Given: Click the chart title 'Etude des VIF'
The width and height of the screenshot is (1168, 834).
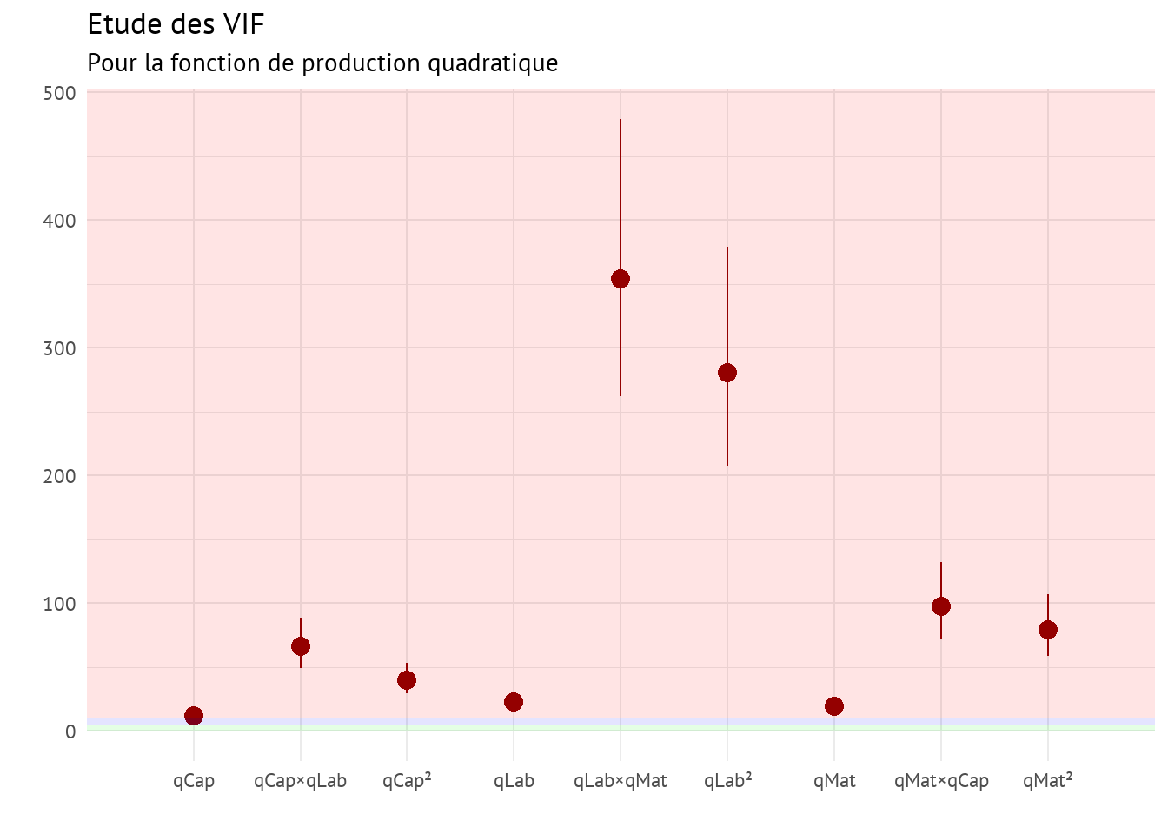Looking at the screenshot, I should tap(176, 24).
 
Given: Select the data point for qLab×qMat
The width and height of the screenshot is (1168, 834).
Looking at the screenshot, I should tap(620, 279).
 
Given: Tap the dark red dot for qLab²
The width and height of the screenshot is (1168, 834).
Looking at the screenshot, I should tap(727, 373).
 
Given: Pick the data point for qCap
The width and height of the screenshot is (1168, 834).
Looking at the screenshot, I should tap(194, 716).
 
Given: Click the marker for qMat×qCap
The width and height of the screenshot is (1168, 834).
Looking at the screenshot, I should tap(941, 606).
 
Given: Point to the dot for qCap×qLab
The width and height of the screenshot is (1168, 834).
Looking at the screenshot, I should tap(301, 646).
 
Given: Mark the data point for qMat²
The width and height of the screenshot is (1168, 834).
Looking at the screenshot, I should tap(1048, 630).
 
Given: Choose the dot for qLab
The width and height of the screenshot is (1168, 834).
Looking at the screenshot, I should tap(514, 702).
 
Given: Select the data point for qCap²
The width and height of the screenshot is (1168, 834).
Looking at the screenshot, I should tap(407, 680).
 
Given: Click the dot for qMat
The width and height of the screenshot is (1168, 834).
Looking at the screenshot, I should tap(834, 706).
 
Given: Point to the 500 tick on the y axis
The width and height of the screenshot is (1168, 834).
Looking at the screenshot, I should tap(59, 93).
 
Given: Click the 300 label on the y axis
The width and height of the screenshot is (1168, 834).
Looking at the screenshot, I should tap(59, 348).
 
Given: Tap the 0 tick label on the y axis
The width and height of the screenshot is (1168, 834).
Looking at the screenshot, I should tap(70, 731).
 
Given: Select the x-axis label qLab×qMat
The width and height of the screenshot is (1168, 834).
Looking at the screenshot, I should tap(620, 781).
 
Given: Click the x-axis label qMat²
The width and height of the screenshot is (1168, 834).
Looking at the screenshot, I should tap(1048, 781).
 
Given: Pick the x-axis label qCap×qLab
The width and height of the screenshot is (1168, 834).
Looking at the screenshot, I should tap(301, 781).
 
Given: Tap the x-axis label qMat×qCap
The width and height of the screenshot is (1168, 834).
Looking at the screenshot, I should tap(941, 781).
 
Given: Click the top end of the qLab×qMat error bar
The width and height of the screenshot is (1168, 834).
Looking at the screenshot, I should tap(620, 120).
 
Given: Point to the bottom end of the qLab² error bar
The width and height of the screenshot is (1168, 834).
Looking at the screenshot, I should tap(727, 465).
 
